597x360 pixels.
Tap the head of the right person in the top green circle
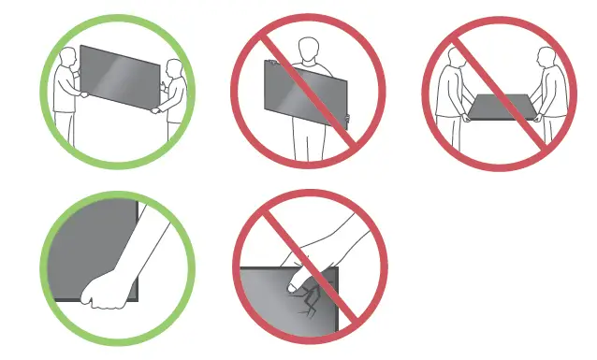pos(171,68)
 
